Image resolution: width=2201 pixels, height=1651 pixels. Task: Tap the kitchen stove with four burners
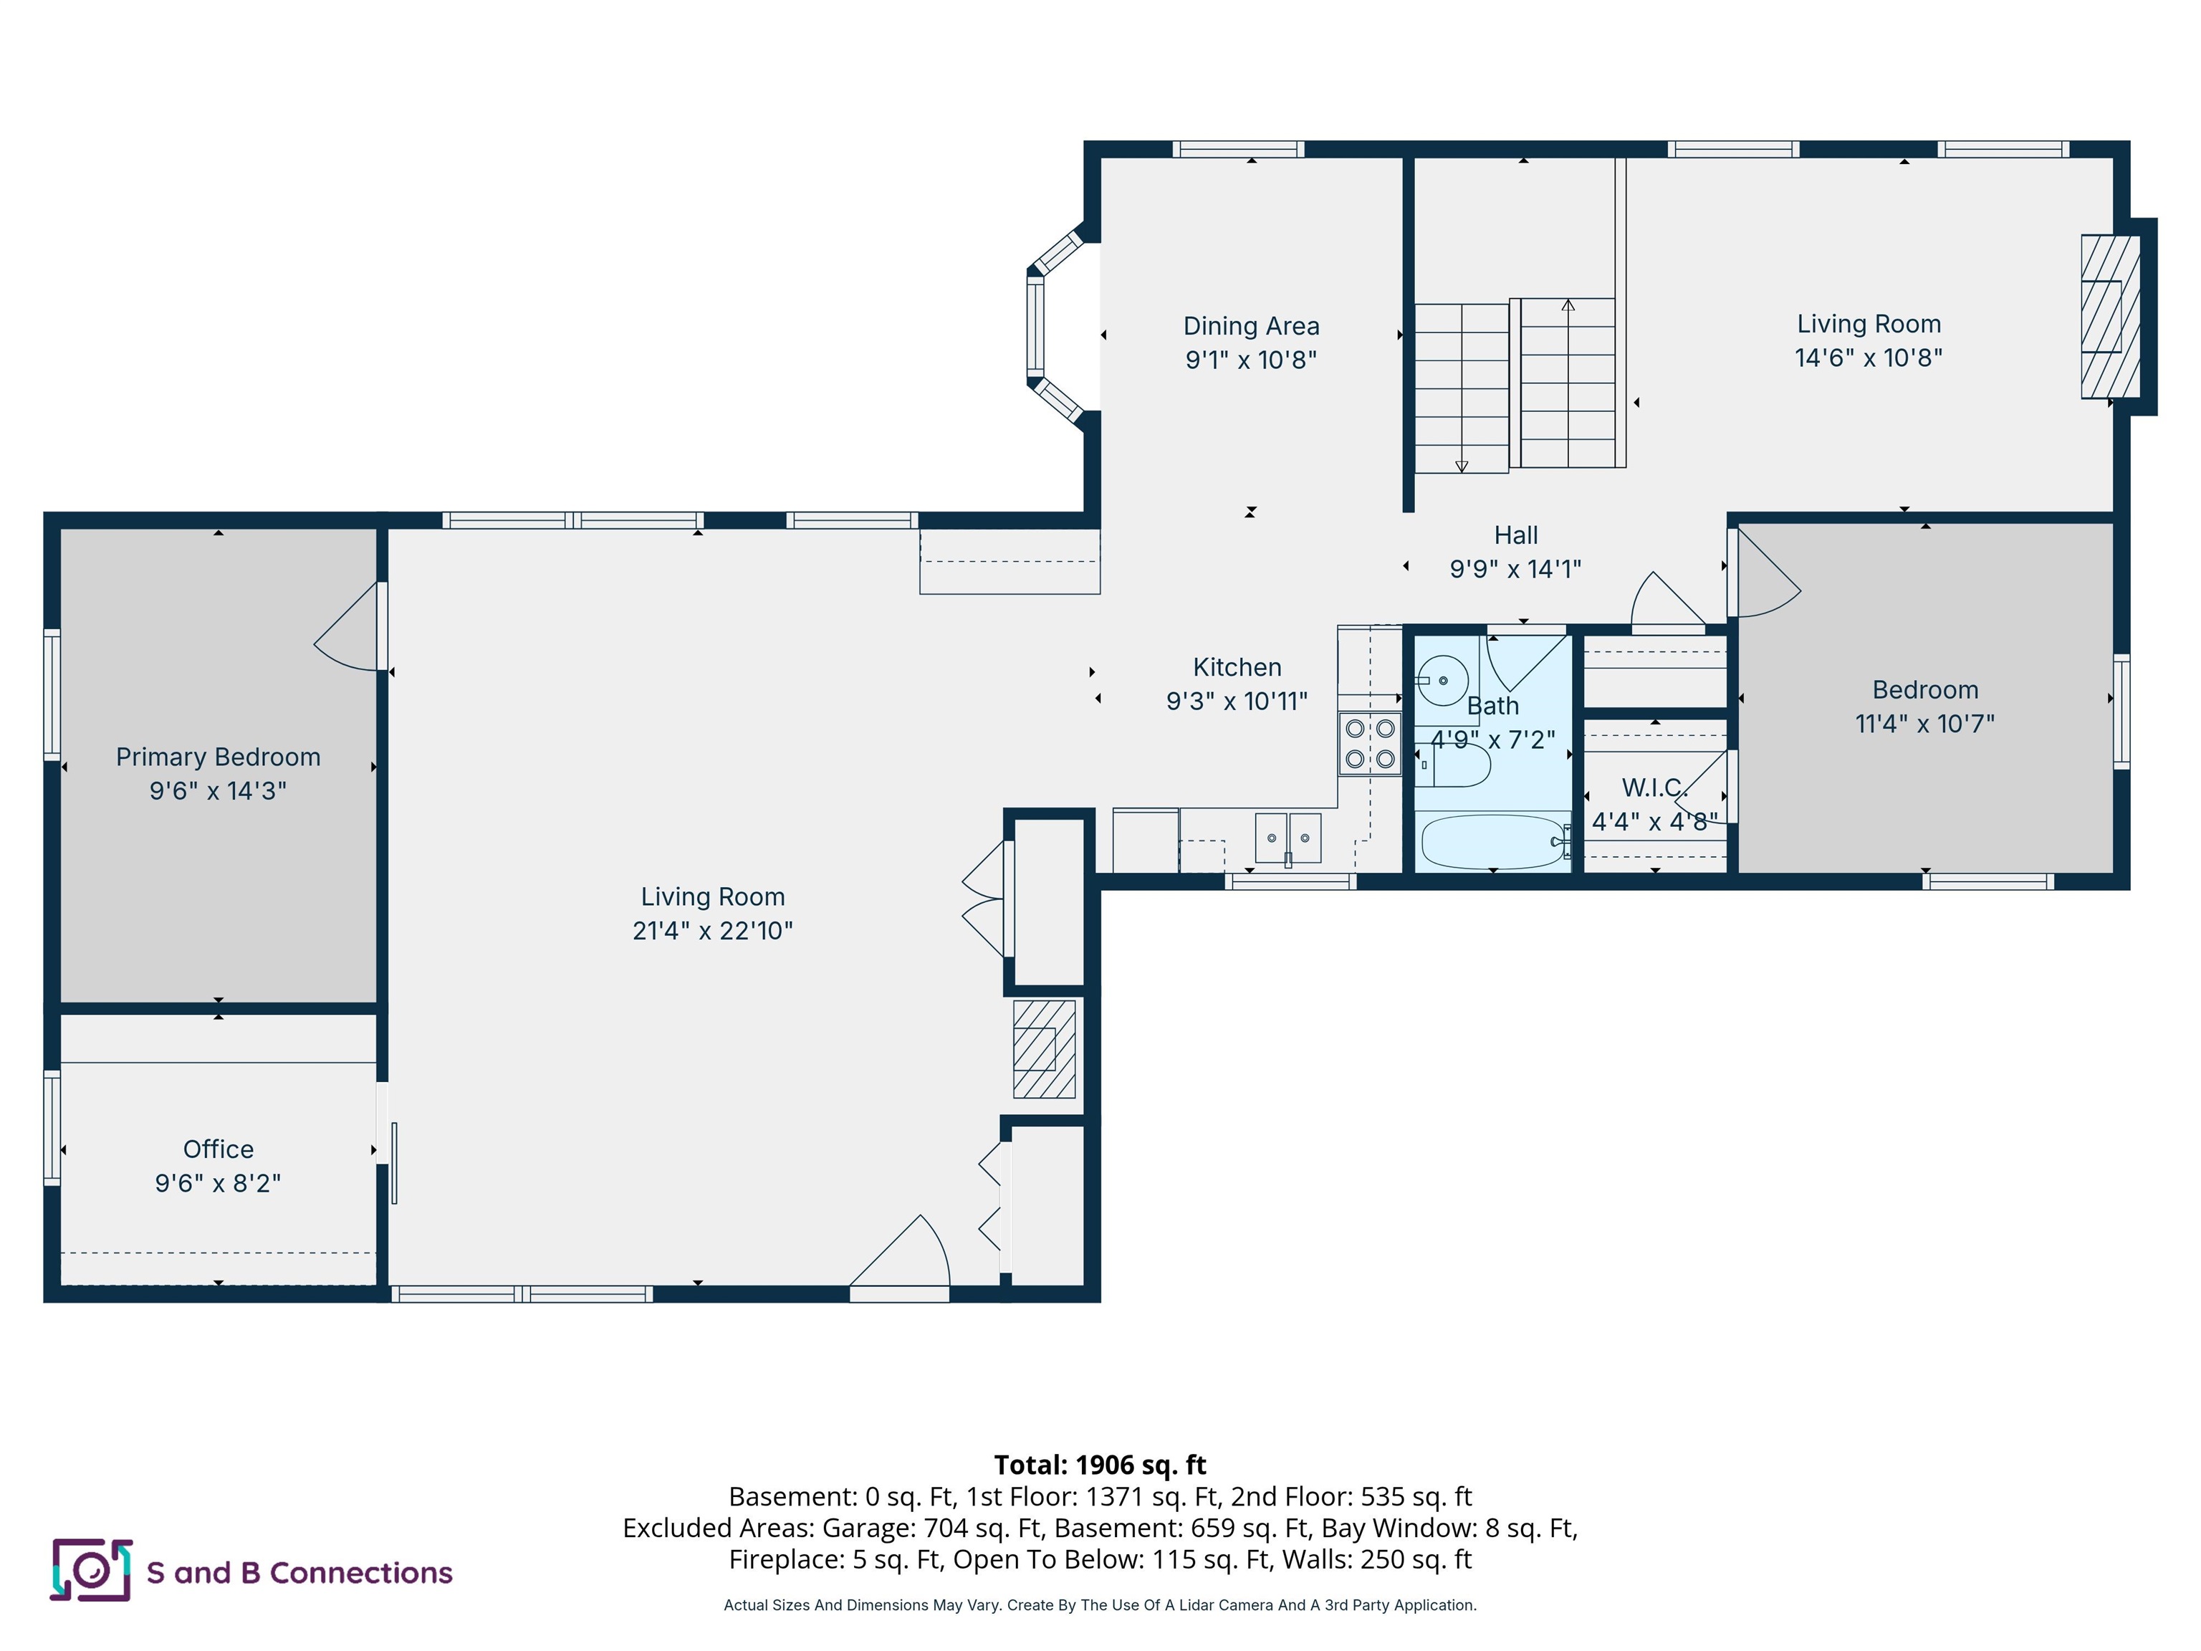[x=1369, y=743]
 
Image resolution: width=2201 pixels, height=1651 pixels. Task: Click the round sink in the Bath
[x=1442, y=681]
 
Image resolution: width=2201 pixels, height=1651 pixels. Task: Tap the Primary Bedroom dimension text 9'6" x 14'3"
[x=218, y=791]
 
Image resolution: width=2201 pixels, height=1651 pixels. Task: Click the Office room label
[x=218, y=1149]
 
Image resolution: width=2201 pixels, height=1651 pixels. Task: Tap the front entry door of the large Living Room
[x=901, y=1259]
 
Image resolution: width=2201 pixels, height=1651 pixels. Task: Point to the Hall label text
[x=1515, y=535]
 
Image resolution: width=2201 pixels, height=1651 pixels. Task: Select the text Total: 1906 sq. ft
[x=1100, y=1465]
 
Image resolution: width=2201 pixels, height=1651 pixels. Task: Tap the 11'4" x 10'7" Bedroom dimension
[x=1924, y=724]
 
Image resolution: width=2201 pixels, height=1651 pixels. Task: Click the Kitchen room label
[x=1237, y=666]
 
